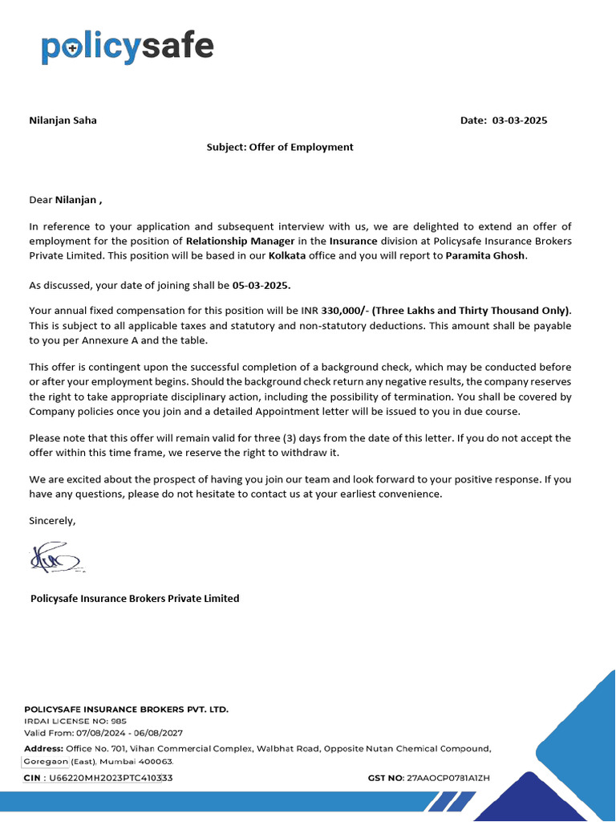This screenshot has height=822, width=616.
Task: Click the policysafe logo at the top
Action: pos(127,48)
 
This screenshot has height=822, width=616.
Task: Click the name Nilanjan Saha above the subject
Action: pos(63,120)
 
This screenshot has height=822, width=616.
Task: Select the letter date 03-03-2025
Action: pos(519,120)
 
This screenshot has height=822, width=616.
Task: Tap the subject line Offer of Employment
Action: pos(279,147)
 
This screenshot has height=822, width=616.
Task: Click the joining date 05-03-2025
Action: pos(261,285)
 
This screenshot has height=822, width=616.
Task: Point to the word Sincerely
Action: pos(52,520)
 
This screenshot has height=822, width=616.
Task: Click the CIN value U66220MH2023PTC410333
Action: pos(111,778)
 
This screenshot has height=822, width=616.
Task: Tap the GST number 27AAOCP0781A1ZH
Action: pos(448,778)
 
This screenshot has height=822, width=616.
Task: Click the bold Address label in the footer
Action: pos(44,748)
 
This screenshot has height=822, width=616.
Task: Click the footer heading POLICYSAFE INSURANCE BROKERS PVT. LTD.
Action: pos(126,710)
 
